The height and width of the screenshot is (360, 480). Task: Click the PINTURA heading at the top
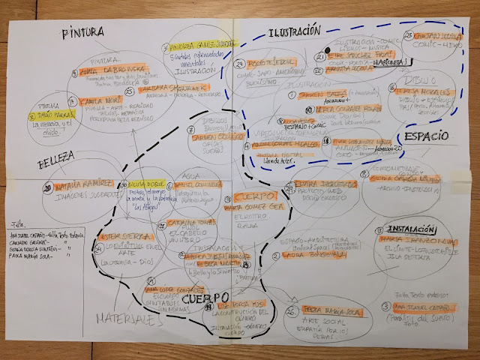83,34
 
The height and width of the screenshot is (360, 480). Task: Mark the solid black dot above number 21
319,49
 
